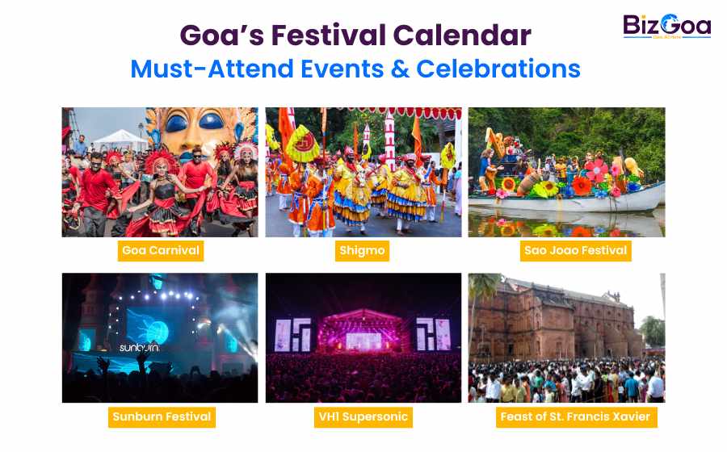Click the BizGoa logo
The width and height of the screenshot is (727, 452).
tap(666, 27)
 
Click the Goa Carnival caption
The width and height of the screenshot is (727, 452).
tap(160, 250)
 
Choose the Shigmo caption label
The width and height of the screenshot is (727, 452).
tap(362, 250)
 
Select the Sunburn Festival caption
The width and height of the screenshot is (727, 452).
tap(161, 417)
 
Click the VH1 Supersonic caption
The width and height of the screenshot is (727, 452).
tap(363, 417)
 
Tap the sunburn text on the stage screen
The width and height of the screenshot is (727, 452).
tap(139, 348)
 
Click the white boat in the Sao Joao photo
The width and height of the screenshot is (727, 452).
tap(598, 198)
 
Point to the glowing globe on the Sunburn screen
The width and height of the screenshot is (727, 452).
tap(156, 332)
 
